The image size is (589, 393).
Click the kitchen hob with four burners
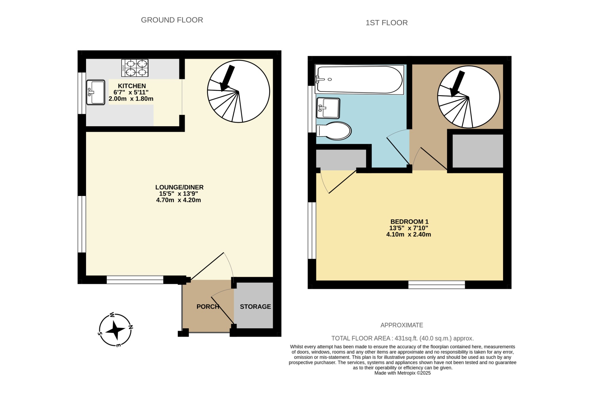(x=135, y=68)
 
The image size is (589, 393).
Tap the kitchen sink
(x=96, y=92)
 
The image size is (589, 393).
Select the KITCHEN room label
(x=132, y=86)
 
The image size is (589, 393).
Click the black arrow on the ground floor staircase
(x=227, y=78)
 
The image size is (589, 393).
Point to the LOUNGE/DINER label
(x=179, y=187)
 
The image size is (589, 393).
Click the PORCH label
(x=208, y=307)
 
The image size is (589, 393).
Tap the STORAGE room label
(x=255, y=307)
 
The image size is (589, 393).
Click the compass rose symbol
(x=115, y=330)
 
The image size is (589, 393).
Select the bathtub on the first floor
(x=359, y=80)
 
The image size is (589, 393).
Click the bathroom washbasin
(x=328, y=108)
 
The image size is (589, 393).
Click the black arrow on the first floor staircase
(x=457, y=83)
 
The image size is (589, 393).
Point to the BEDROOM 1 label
(x=409, y=222)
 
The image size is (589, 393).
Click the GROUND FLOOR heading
(x=172, y=20)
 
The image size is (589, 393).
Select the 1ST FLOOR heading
(x=387, y=23)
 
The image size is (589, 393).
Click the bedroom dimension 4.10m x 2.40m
(x=408, y=234)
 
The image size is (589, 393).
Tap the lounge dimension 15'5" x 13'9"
(x=178, y=194)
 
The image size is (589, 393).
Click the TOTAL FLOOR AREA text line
(x=402, y=338)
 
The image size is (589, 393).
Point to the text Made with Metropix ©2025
(x=402, y=373)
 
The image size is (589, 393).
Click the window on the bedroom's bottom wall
(x=437, y=285)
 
